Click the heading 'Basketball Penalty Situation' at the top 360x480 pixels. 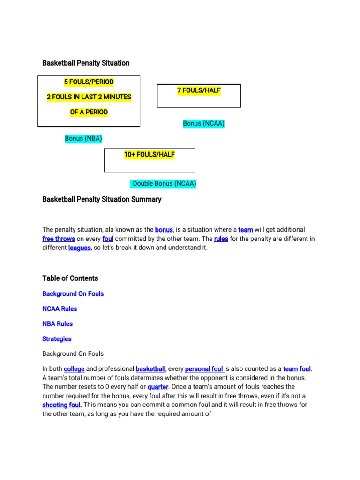pos(86,63)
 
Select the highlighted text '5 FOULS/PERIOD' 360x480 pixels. pos(89,82)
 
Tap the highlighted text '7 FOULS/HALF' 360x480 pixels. pos(199,90)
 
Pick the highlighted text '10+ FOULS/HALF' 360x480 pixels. pos(150,155)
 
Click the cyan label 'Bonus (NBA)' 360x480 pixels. pos(83,139)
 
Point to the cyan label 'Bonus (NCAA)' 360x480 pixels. pos(204,124)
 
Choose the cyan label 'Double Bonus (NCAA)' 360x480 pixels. pos(164,184)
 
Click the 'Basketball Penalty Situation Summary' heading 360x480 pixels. pos(102,199)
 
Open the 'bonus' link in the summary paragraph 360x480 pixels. pos(164,230)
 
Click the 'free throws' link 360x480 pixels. pos(59,239)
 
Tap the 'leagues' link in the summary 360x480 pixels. pos(79,248)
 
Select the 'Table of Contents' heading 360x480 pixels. pos(70,278)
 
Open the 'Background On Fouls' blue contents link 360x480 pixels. pos(73,294)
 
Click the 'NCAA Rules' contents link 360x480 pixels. pos(60,309)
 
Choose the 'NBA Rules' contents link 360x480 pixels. pos(57,324)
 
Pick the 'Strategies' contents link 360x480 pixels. pos(57,339)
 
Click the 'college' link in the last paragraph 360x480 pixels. pos(74,369)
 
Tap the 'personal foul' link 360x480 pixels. pos(204,369)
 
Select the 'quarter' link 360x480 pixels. pos(158,387)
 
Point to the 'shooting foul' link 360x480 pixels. pos(61,405)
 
